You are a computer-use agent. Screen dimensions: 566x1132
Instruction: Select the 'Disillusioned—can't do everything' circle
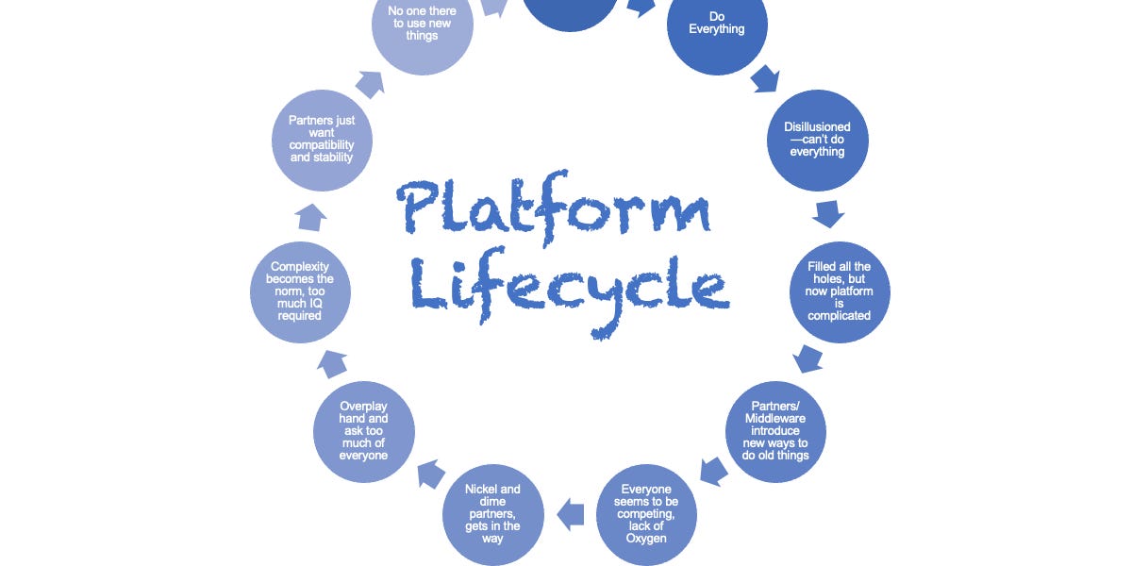817,139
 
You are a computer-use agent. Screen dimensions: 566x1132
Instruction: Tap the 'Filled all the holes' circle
839,291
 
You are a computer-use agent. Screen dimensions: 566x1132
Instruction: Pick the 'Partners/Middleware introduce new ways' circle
774,430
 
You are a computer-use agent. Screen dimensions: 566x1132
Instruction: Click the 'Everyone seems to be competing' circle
647,514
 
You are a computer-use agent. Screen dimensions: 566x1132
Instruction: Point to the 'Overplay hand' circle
363,430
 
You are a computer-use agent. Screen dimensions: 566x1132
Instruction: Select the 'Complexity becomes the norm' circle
299,291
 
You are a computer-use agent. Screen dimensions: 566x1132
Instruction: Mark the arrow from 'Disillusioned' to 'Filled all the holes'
828,213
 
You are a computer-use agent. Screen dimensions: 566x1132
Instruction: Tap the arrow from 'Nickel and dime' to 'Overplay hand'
431,472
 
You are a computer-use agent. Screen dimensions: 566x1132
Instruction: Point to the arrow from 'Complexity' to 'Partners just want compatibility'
311,219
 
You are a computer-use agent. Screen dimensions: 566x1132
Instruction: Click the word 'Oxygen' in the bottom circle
647,539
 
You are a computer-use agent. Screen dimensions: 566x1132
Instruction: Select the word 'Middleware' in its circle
775,418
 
